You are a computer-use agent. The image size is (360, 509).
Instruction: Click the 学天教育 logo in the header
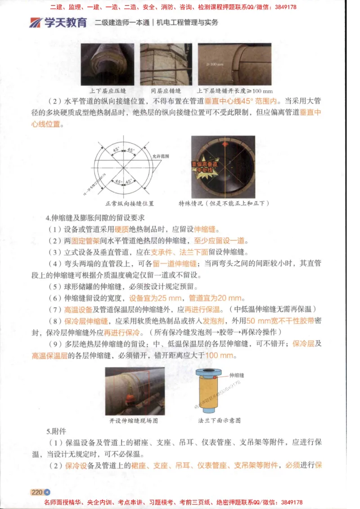tap(58, 22)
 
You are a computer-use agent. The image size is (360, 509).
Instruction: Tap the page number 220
tap(36, 492)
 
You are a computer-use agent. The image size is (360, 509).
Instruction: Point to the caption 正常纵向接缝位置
tap(129, 203)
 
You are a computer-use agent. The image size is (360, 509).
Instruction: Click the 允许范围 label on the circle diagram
tap(161, 156)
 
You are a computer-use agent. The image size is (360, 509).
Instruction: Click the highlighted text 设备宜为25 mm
tap(155, 298)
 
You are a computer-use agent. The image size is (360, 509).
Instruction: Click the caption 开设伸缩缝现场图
tap(134, 421)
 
